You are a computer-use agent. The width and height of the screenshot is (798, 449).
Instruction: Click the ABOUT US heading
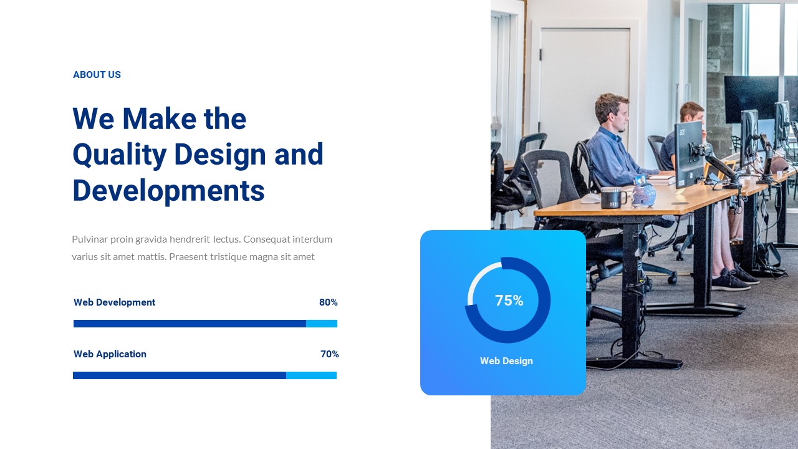coord(97,75)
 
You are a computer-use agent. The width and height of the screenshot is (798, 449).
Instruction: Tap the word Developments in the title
coord(168,190)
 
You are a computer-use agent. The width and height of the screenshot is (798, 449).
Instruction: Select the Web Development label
coord(114,302)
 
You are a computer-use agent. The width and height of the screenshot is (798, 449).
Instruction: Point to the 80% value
coord(329,302)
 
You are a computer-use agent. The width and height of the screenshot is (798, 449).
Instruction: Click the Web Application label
coord(110,354)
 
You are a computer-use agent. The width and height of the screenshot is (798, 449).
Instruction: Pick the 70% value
coord(329,354)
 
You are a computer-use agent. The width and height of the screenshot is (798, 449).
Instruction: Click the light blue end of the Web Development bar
coord(322,324)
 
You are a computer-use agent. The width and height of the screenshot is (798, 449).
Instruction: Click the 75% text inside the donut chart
coord(509,301)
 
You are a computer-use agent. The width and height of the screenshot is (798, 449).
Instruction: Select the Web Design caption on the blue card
coord(506,361)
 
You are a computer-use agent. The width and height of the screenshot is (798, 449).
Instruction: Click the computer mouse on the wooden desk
coord(590,200)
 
